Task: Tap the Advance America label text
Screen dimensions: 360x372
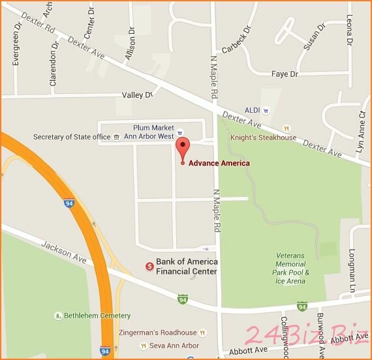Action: click(x=219, y=163)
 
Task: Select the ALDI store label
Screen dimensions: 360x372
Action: click(x=252, y=110)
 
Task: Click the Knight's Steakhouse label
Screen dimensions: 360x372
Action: click(x=263, y=138)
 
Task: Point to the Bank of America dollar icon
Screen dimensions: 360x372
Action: click(x=149, y=266)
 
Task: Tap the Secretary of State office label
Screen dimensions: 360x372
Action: click(x=72, y=137)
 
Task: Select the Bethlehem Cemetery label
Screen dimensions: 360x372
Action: click(x=87, y=316)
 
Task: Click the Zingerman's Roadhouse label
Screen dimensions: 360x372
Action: click(x=157, y=333)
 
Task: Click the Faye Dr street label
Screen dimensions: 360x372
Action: click(x=284, y=74)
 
